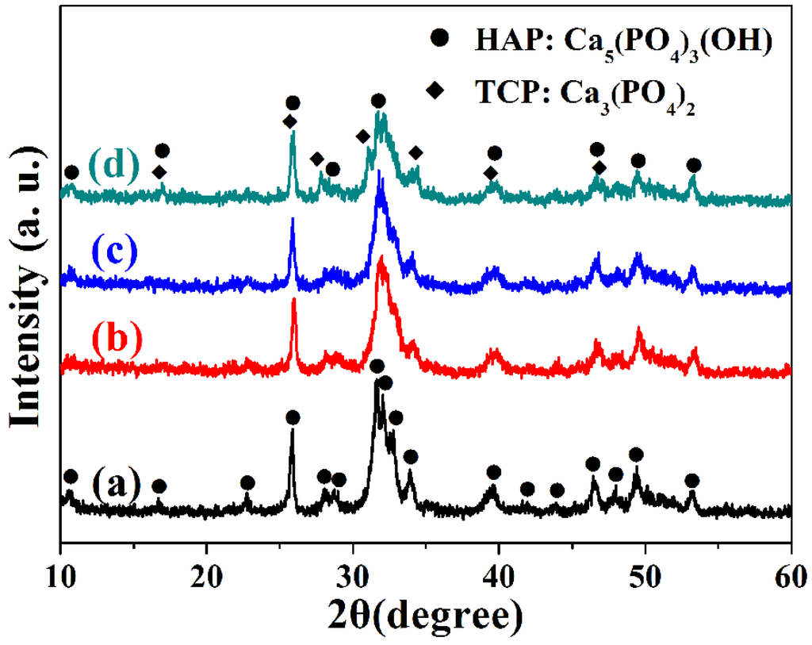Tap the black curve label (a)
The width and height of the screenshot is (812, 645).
point(116,481)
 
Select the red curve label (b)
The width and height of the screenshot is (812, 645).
point(116,337)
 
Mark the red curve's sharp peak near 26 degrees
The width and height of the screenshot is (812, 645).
point(294,301)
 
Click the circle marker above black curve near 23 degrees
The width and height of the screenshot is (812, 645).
point(247,483)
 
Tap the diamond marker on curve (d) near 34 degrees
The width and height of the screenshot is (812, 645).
point(416,152)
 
